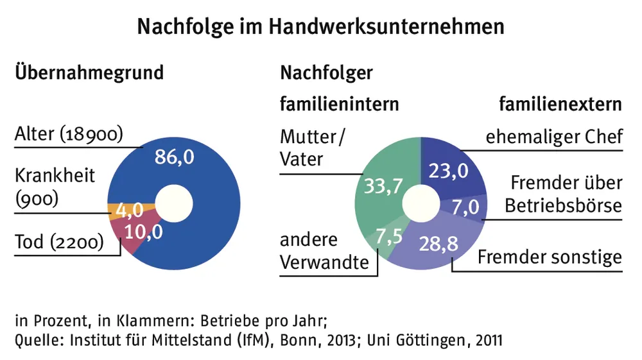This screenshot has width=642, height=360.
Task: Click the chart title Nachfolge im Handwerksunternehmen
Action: (320, 26)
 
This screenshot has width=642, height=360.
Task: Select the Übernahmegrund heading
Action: (89, 71)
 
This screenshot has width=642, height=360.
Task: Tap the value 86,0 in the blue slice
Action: (174, 157)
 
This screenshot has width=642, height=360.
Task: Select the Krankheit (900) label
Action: (55, 187)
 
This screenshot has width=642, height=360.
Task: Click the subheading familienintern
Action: (340, 103)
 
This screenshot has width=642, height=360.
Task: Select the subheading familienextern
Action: (560, 103)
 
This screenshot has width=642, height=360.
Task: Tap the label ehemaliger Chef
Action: (553, 137)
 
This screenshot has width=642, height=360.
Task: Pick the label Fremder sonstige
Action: (550, 257)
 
